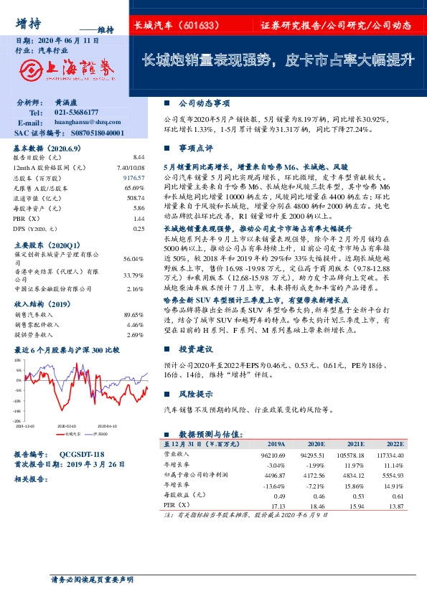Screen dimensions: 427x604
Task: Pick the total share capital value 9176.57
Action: point(133,176)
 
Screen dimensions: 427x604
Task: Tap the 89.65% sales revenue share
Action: point(133,314)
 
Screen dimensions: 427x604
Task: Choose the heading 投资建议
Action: point(196,350)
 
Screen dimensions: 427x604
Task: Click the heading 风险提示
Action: point(196,395)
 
